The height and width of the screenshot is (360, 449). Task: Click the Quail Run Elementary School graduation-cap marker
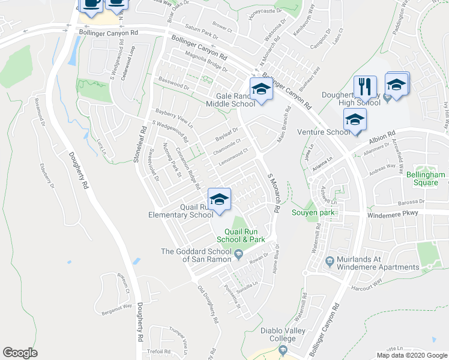(219, 199)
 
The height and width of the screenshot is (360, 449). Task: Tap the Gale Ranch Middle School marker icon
(261, 89)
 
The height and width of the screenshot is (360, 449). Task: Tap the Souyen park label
(308, 211)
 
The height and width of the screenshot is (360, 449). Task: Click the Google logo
(20, 353)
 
